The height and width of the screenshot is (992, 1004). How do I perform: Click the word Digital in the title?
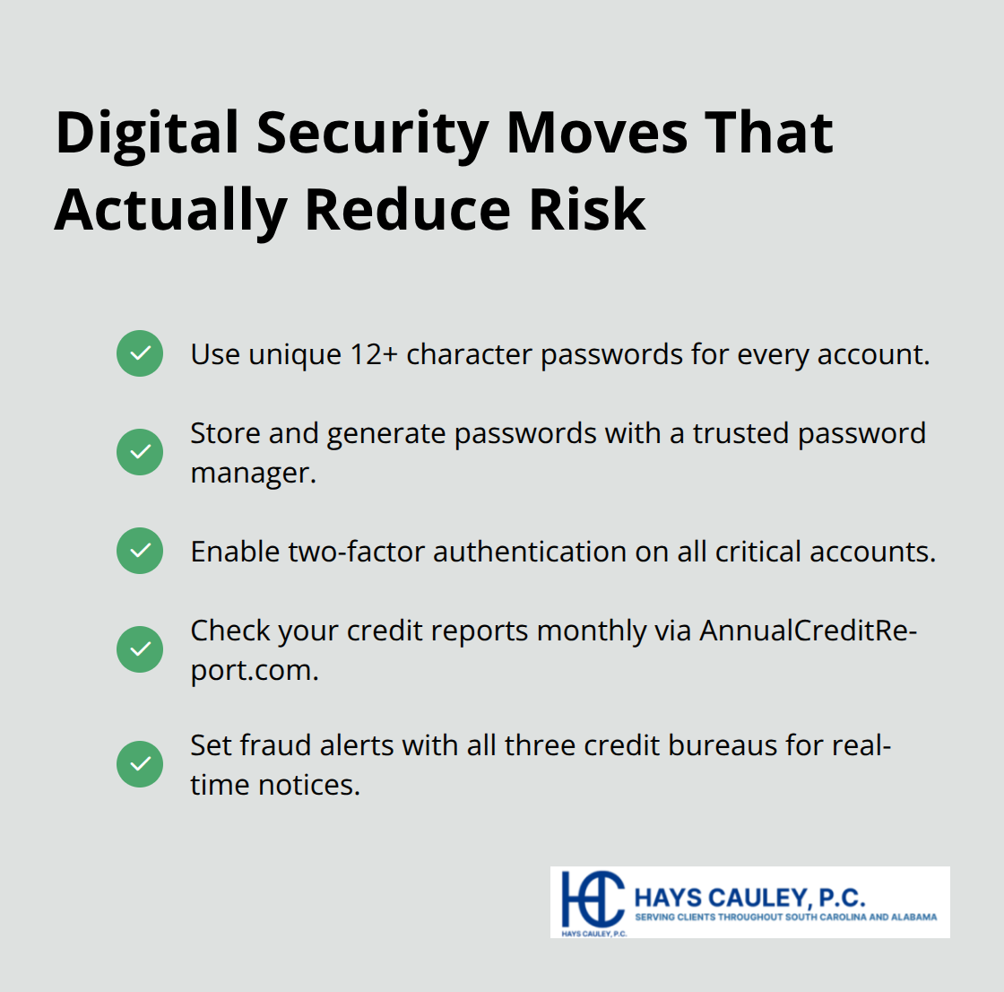(x=148, y=133)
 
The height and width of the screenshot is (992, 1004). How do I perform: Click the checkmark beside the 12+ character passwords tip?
(x=140, y=353)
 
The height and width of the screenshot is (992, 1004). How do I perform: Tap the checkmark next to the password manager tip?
(x=140, y=451)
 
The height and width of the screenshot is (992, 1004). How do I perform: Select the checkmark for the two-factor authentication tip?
(x=140, y=551)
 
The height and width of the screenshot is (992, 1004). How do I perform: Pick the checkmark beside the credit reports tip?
(x=140, y=648)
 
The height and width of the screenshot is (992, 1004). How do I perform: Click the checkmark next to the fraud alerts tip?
(x=140, y=764)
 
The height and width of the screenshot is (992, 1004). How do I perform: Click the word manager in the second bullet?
(x=253, y=473)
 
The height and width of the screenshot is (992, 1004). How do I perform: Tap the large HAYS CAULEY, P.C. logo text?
(x=749, y=897)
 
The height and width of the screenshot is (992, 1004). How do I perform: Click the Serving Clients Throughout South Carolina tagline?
(x=785, y=918)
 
